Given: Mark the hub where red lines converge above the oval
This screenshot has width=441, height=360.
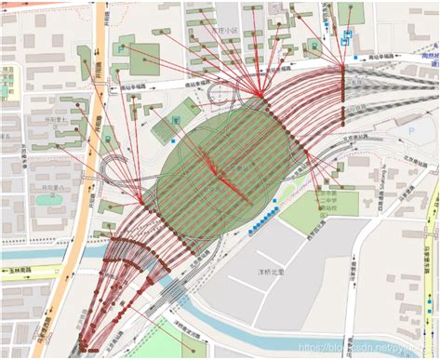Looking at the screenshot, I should click(261, 94).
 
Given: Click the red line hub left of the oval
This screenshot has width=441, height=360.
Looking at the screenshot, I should click(141, 202).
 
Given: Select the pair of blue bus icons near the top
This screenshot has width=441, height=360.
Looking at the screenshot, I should click(347, 37).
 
